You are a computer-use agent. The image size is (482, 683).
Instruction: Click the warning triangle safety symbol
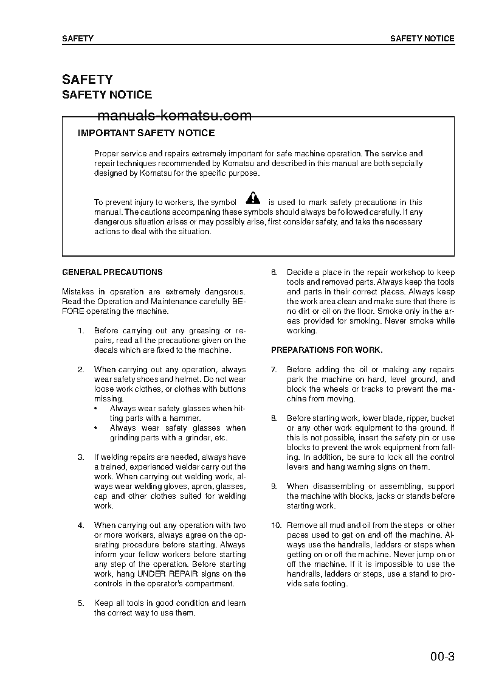coord(253,198)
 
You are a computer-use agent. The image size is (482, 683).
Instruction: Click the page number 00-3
coord(442,657)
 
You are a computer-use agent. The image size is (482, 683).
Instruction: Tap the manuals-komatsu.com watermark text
coord(165,116)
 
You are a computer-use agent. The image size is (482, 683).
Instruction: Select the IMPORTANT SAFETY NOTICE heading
coord(146,133)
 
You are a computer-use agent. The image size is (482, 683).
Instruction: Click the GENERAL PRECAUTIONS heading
coord(112,272)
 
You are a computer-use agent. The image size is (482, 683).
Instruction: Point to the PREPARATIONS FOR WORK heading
coord(326,350)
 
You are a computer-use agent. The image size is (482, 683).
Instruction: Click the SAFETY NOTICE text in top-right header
coord(422,38)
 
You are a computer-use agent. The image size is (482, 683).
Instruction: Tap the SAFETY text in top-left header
coord(78,38)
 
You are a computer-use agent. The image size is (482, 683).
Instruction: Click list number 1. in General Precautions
coord(80,331)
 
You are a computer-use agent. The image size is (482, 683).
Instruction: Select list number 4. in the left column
coord(80,525)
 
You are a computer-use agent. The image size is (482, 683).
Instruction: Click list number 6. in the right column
coord(274,272)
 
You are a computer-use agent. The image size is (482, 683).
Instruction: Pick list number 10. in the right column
coord(276,525)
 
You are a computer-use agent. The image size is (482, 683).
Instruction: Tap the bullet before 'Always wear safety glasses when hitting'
coord(95,409)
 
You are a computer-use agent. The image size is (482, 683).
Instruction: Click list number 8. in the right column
coord(274,418)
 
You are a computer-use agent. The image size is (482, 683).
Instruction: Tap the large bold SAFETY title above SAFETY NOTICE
coord(88,80)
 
